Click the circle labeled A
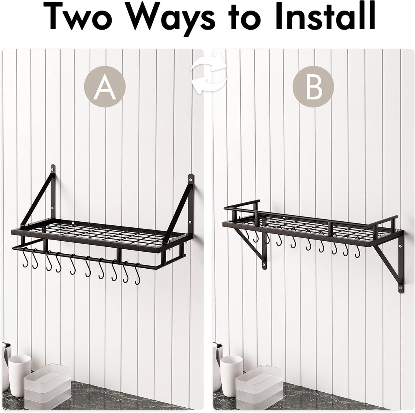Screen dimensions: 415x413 click(105, 87)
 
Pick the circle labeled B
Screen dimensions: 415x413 click(313, 87)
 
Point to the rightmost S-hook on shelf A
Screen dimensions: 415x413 click(137, 274)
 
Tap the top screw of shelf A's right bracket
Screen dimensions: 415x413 click(190, 180)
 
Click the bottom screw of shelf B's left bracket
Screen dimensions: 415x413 click(264, 264)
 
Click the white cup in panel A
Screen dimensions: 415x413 click(19, 376)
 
